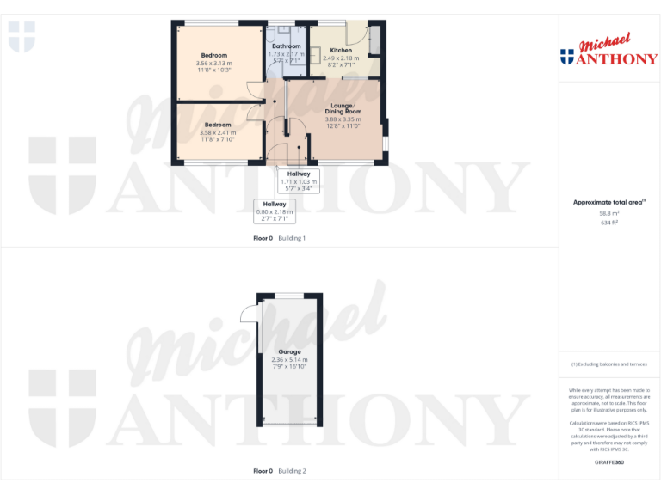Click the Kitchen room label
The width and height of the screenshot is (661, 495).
coord(341,51)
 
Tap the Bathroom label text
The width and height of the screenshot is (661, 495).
coord(286,46)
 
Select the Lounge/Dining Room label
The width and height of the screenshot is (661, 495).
coord(343,108)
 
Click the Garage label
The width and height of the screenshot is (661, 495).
coord(289,352)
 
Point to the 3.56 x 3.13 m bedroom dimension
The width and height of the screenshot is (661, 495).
coord(213,64)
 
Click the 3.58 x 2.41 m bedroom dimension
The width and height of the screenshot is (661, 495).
coord(217,132)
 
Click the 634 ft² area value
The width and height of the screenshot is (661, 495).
coord(608,222)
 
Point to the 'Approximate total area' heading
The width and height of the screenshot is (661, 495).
coord(608,202)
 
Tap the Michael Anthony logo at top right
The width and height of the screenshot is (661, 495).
coord(608,51)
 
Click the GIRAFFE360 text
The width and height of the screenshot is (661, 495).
coord(608,462)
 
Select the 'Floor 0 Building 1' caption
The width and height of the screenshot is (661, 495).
coord(279,238)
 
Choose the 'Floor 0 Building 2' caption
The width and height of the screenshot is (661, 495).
coord(279,471)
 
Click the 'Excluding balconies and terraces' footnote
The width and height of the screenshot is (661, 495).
coord(608,364)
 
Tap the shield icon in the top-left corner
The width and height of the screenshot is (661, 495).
coord(22,36)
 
